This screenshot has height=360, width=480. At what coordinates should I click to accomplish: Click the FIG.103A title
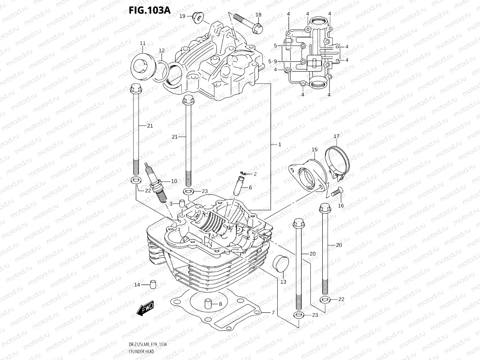[149, 10]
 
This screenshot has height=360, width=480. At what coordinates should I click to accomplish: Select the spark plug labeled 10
[156, 185]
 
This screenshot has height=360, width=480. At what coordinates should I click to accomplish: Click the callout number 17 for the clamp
[337, 136]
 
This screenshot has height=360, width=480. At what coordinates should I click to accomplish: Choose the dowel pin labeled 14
[153, 284]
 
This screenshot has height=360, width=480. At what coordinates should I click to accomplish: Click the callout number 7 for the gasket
[273, 313]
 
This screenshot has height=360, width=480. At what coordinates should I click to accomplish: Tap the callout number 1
[280, 144]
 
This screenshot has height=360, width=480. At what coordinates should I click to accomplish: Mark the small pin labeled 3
[182, 203]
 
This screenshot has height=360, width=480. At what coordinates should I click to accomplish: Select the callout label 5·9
[273, 62]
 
